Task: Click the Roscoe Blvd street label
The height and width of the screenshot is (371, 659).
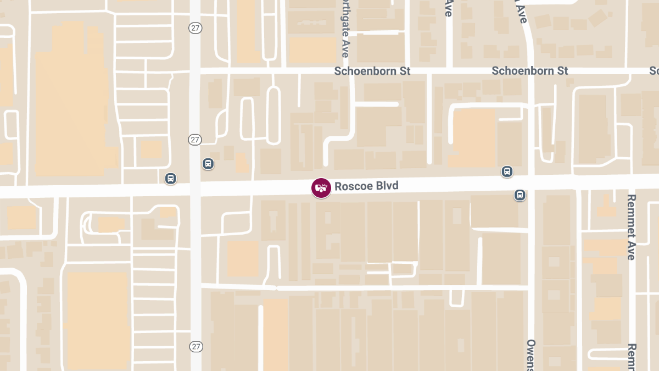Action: click(x=366, y=186)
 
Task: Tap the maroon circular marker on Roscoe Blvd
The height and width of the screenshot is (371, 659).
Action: click(x=321, y=188)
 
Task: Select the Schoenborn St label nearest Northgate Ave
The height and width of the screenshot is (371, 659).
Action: click(x=372, y=71)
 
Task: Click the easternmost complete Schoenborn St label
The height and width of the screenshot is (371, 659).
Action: click(x=529, y=71)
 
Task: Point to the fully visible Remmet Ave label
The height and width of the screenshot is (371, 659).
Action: click(x=632, y=227)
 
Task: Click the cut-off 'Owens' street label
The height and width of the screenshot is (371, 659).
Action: click(x=530, y=355)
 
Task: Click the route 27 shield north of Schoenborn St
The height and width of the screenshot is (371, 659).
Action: click(x=195, y=27)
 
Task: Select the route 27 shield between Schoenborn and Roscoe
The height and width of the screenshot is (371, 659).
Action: click(x=195, y=140)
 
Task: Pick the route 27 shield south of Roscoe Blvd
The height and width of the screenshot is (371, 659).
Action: click(x=196, y=346)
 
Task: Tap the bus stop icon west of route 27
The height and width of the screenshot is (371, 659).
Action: click(x=171, y=178)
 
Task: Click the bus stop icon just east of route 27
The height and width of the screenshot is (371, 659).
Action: click(x=208, y=163)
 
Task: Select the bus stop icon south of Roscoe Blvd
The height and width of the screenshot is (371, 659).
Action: click(x=520, y=195)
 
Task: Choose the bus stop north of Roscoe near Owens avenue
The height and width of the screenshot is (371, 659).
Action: click(x=507, y=171)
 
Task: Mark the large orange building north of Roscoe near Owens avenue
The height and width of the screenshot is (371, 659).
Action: click(x=472, y=137)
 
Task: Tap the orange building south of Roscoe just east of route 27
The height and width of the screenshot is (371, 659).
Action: click(x=242, y=258)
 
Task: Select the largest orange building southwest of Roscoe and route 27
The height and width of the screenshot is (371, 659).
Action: click(x=98, y=319)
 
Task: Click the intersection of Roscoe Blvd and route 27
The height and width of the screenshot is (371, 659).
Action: click(x=196, y=189)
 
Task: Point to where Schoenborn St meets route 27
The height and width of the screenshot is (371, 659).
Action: click(x=196, y=71)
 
